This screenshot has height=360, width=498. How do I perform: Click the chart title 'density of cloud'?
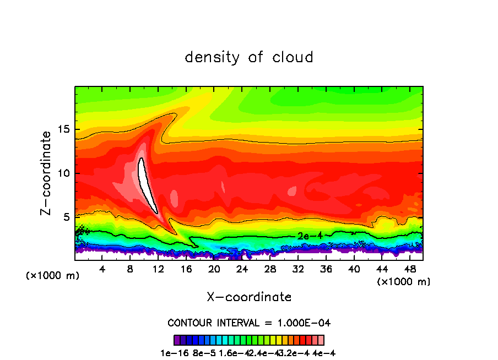[249, 57]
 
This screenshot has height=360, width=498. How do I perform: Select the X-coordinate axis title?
[249, 297]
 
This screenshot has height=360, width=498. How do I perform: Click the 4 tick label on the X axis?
[102, 269]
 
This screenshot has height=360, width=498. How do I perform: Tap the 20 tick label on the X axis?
[214, 269]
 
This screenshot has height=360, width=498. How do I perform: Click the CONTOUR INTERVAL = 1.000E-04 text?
[249, 323]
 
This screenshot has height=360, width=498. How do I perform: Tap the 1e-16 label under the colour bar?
[172, 353]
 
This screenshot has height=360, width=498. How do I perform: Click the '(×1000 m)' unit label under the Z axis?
[53, 276]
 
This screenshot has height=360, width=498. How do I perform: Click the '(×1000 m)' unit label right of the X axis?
[404, 282]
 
